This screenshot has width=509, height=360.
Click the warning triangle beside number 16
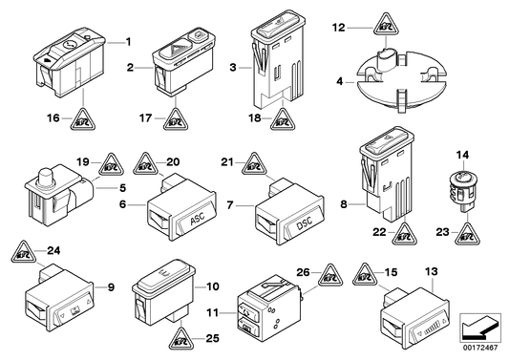[x=85, y=118]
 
